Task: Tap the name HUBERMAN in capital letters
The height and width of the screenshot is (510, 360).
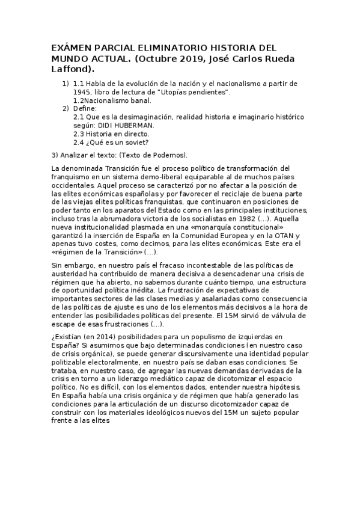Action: point(133,125)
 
